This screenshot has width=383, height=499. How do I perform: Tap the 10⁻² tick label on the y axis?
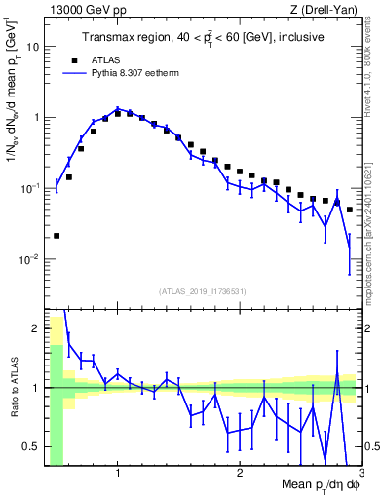(31, 259)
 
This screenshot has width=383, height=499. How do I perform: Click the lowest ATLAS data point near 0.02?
(57, 236)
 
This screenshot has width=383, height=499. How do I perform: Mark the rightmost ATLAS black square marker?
(350, 210)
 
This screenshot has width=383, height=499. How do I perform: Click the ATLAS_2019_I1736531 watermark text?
(203, 291)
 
